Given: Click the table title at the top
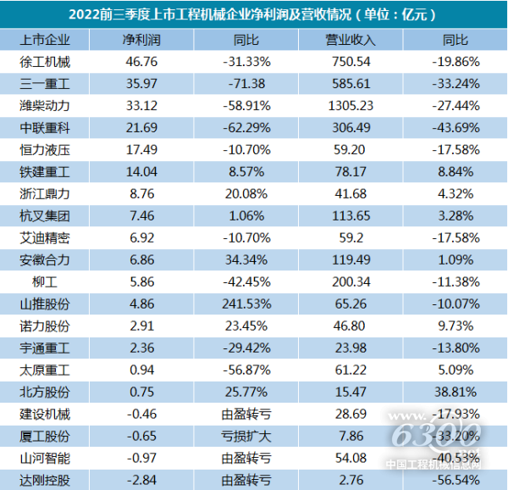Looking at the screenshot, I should [254, 14].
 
